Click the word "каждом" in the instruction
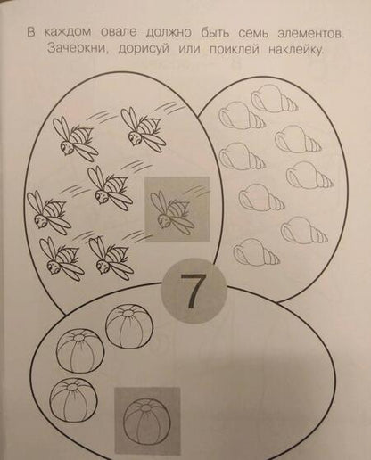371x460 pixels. pyautogui.click(x=68, y=32)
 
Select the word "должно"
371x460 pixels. pyautogui.click(x=169, y=33)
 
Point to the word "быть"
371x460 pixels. pyautogui.click(x=215, y=33)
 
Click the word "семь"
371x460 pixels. pyautogui.click(x=253, y=34)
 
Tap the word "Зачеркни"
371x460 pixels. pyautogui.click(x=78, y=48)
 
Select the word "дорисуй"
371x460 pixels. pyautogui.click(x=144, y=49)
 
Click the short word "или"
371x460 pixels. pyautogui.click(x=190, y=49)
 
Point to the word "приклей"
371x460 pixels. pyautogui.click(x=235, y=50)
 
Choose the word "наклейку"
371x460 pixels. pyautogui.click(x=296, y=51)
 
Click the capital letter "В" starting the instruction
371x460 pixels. pyautogui.click(x=31, y=32)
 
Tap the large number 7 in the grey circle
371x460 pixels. pyautogui.click(x=193, y=292)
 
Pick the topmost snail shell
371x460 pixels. pyautogui.click(x=274, y=97)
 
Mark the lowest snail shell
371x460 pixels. pyautogui.click(x=256, y=252)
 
